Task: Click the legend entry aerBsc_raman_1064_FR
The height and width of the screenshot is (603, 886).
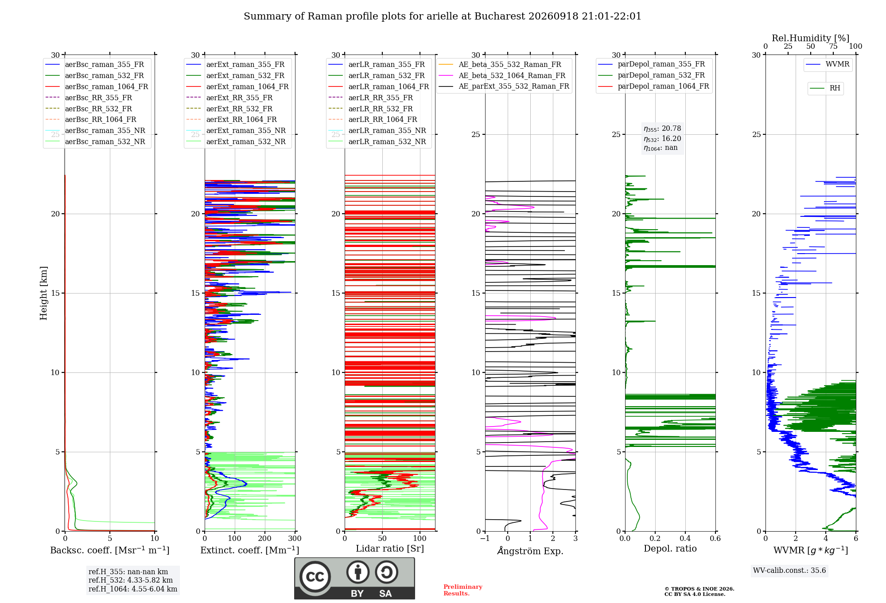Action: [x=97, y=86]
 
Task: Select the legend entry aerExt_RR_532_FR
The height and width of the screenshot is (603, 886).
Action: [x=229, y=109]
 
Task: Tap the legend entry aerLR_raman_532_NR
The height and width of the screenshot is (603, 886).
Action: [x=377, y=141]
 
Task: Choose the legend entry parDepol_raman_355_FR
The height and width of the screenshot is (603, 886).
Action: [x=651, y=64]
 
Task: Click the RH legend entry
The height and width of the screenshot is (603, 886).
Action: [x=825, y=88]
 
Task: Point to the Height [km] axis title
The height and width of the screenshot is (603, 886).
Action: [x=43, y=293]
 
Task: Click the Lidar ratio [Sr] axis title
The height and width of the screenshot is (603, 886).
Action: [x=390, y=548]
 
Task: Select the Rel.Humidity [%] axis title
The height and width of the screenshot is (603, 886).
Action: [x=811, y=38]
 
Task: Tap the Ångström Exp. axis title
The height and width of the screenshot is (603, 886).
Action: [x=530, y=551]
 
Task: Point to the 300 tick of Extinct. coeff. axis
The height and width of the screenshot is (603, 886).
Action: [x=295, y=538]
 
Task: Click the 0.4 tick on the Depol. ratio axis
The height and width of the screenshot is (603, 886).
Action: [x=685, y=538]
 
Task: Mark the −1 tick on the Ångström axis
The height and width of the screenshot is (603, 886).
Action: [x=485, y=538]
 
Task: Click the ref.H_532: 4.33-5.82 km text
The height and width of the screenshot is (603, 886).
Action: [x=131, y=580]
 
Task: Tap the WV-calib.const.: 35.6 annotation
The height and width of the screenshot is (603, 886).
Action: [x=789, y=570]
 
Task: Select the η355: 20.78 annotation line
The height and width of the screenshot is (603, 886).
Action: [x=662, y=129]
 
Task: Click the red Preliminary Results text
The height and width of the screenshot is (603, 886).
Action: [x=463, y=590]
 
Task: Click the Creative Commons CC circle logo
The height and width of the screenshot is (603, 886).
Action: [x=315, y=577]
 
